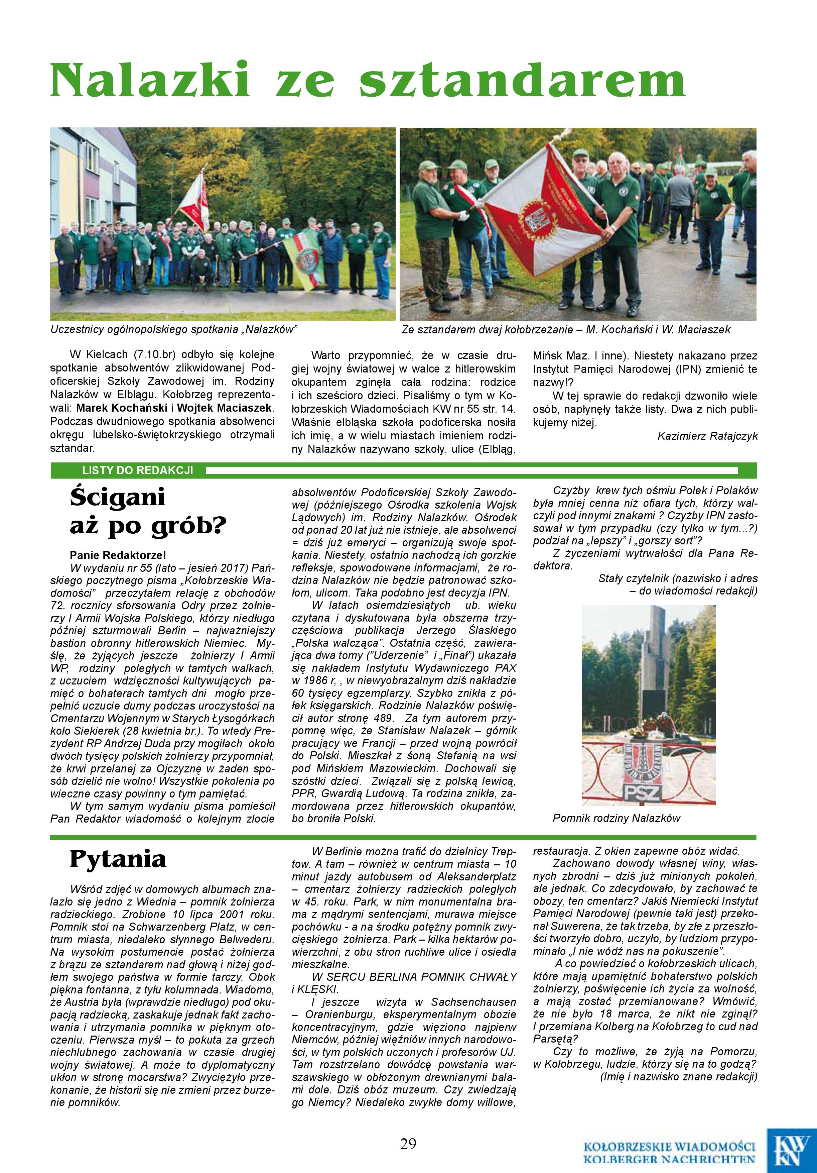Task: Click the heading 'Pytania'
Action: pyautogui.click(x=118, y=859)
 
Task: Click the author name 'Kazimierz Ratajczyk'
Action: pyautogui.click(x=707, y=436)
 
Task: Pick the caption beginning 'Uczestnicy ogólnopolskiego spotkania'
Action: pyautogui.click(x=174, y=329)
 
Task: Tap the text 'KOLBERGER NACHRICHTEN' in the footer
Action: pyautogui.click(x=669, y=1159)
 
